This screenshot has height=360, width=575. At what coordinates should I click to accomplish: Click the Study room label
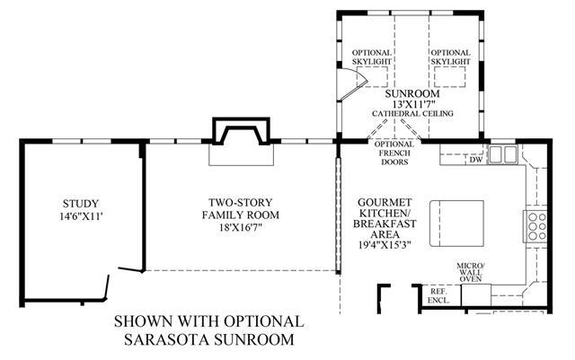point(81,204)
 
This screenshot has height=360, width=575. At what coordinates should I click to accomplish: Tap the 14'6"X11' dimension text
point(81,216)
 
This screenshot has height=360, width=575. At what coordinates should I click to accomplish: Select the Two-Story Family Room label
point(241,208)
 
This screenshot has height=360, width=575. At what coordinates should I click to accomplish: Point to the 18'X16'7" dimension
point(241,227)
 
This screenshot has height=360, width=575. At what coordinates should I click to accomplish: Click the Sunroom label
point(412,94)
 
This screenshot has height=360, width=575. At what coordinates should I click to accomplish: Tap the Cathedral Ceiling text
point(412,114)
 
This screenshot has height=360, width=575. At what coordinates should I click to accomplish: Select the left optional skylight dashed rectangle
point(372,76)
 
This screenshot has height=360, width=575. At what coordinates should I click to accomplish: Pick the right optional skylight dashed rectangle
point(450,76)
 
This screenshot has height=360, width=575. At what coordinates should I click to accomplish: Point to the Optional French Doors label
point(394,154)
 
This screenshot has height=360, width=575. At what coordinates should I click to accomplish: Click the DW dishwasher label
point(476,160)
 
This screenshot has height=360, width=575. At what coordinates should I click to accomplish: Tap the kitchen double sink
point(502,154)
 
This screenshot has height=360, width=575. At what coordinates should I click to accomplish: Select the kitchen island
point(457,224)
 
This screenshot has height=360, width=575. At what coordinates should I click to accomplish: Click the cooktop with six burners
point(535,226)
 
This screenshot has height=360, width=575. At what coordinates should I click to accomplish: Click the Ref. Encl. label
point(438,295)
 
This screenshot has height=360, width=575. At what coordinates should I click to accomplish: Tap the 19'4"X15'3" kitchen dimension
point(385,244)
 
